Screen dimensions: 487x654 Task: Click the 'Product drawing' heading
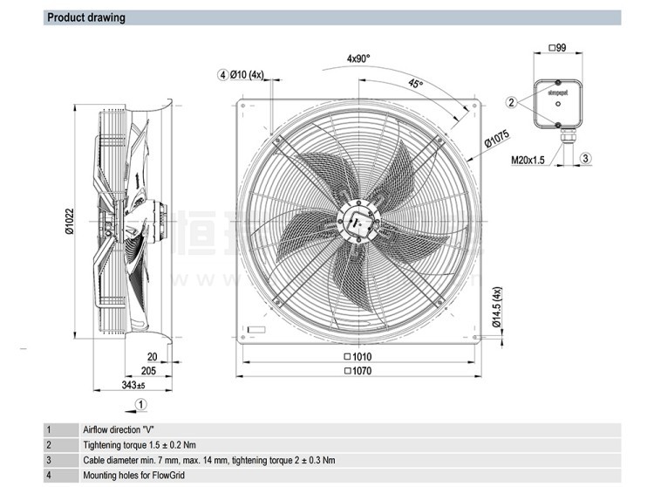click(x=85, y=17)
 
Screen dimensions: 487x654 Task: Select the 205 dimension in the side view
click(x=149, y=371)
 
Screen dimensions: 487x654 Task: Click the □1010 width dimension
click(x=358, y=357)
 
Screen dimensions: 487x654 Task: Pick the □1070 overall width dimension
click(x=358, y=372)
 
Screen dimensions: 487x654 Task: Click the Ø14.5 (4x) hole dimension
click(x=496, y=307)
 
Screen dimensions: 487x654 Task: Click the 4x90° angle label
click(x=358, y=59)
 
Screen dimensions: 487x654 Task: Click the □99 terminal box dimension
click(x=556, y=47)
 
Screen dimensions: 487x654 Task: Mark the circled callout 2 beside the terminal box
click(x=512, y=102)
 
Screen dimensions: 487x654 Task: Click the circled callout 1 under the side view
click(x=142, y=404)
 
